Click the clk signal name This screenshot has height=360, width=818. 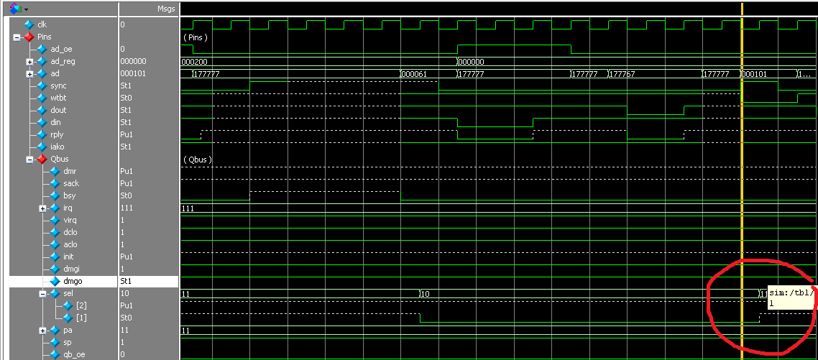click(42, 24)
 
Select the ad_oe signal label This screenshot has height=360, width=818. click(60, 49)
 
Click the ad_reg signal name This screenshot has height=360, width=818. click(63, 61)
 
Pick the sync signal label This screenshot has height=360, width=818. click(58, 86)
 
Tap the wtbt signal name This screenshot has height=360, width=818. click(58, 98)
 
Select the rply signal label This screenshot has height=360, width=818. click(57, 134)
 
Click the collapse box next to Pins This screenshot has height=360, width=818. click(17, 37)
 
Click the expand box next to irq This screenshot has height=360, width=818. click(42, 208)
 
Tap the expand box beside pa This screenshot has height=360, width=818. click(42, 330)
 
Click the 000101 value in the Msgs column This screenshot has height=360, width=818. click(132, 73)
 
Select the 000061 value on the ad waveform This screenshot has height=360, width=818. click(415, 74)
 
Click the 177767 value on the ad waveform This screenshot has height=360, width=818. click(623, 74)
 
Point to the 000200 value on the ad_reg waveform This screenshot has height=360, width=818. click(194, 62)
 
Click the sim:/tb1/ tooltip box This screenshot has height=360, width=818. click(791, 297)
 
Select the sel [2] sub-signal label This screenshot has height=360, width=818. click(81, 305)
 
